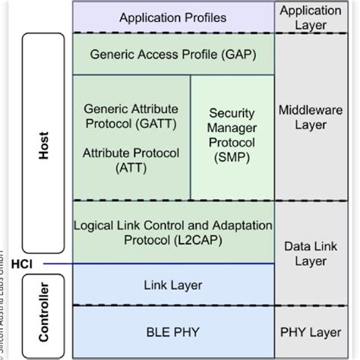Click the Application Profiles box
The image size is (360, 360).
[x=173, y=17]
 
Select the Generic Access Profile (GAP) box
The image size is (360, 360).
[x=173, y=54]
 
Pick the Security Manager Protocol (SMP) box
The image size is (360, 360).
[x=232, y=137]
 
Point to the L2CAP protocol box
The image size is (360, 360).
[x=173, y=232]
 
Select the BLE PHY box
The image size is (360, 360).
[x=173, y=331]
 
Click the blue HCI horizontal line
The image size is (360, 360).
[x=152, y=264]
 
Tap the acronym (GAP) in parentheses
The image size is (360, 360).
[x=236, y=54]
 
